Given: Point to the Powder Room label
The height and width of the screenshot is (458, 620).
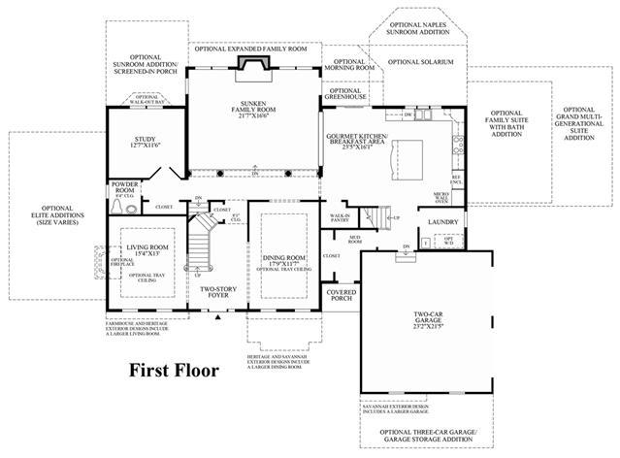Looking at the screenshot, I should (124, 186).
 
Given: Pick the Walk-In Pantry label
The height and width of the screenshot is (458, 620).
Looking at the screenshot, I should (340, 219).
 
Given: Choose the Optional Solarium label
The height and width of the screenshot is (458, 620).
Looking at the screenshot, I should (419, 62).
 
